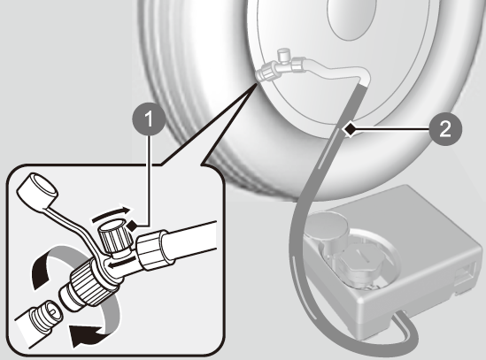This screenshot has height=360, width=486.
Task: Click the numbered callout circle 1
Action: [x=149, y=119]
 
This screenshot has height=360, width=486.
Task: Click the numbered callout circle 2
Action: [x=445, y=128]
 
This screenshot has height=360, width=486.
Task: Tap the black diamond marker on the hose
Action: [x=351, y=129]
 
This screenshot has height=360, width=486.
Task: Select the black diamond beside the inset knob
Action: [x=132, y=226]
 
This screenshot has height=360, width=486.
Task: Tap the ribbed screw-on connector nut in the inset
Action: [x=89, y=280]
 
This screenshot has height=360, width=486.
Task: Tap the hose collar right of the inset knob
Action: [x=153, y=249]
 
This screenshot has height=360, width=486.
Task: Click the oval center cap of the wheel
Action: [x=351, y=18]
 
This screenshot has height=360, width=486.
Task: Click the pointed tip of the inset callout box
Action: [x=257, y=84]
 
